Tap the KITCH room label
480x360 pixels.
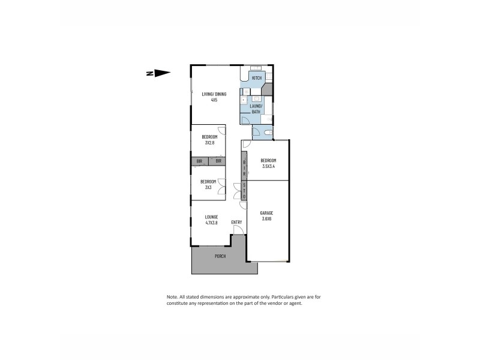coord(257,79)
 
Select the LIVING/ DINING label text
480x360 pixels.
coord(214,94)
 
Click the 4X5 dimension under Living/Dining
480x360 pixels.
coord(214,100)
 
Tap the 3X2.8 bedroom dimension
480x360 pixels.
coord(209,143)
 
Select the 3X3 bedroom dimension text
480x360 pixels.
coord(209,187)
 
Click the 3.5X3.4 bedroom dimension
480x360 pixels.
coord(268,166)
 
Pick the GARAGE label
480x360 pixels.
coord(267,213)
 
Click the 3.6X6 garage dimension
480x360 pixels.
coord(267,219)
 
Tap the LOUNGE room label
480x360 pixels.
coord(211,217)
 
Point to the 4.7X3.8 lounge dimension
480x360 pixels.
coord(211,223)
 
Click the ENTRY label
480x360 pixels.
coord(236,223)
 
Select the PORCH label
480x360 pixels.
coord(220,256)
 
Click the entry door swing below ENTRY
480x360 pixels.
coord(237,230)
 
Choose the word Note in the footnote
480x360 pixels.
coord(172,297)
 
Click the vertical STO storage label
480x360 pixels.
coord(244,191)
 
